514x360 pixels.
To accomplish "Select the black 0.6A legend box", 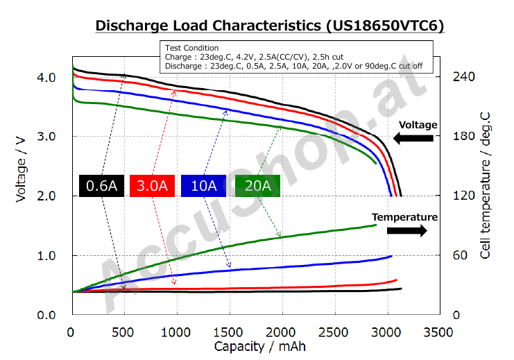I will tap(101, 186).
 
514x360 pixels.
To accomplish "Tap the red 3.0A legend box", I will tap(152, 186).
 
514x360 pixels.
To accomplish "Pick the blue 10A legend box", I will tap(203, 186).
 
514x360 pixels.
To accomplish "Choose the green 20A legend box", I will tap(257, 186).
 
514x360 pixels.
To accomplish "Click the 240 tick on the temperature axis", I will tap(463, 77).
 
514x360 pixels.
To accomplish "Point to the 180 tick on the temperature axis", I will tap(463, 137).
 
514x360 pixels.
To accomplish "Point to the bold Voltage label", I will tap(418, 125).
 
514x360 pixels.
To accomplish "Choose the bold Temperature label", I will tap(404, 217).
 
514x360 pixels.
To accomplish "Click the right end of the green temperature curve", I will tap(376, 225).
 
